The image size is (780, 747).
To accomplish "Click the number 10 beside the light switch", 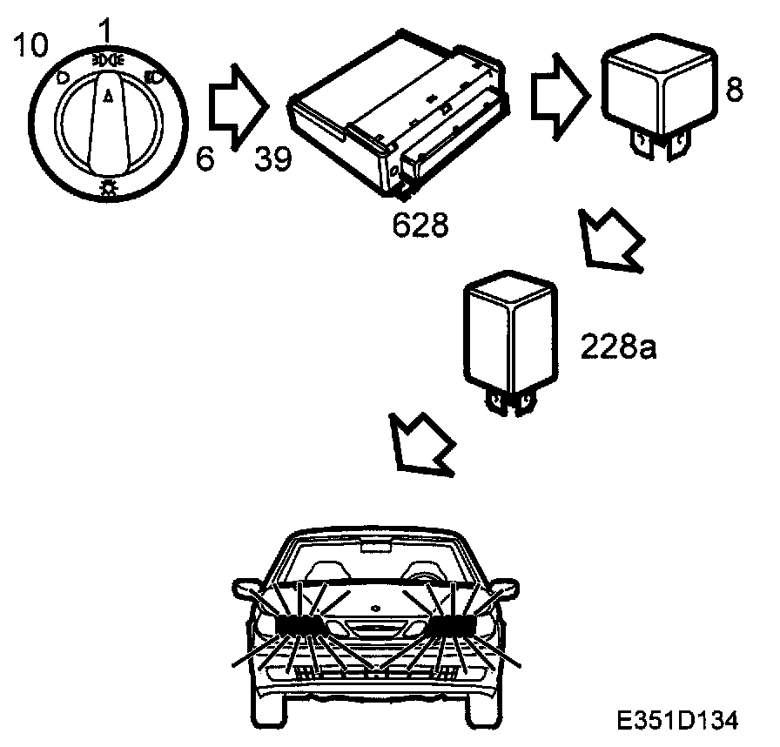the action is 31,45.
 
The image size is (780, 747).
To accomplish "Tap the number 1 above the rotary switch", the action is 105,32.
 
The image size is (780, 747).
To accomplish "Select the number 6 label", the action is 204,159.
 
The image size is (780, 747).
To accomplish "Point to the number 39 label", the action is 274,159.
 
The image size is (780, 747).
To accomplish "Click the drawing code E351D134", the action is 677,720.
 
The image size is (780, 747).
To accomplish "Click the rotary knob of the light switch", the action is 108,122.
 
